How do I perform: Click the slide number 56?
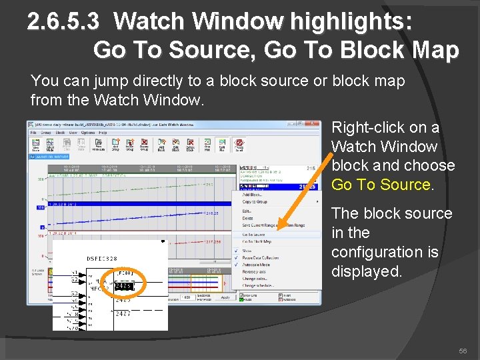[x=462, y=351]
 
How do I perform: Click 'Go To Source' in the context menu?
[x=253, y=235]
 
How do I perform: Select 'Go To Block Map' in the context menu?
[x=257, y=241]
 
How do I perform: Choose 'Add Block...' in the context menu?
[x=252, y=195]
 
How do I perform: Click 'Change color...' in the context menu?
[x=255, y=279]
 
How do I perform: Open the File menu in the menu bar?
[x=33, y=133]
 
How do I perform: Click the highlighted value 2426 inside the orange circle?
[x=123, y=286]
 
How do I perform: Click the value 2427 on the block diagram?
[x=123, y=313]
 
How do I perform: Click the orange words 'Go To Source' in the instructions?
[x=381, y=185]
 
